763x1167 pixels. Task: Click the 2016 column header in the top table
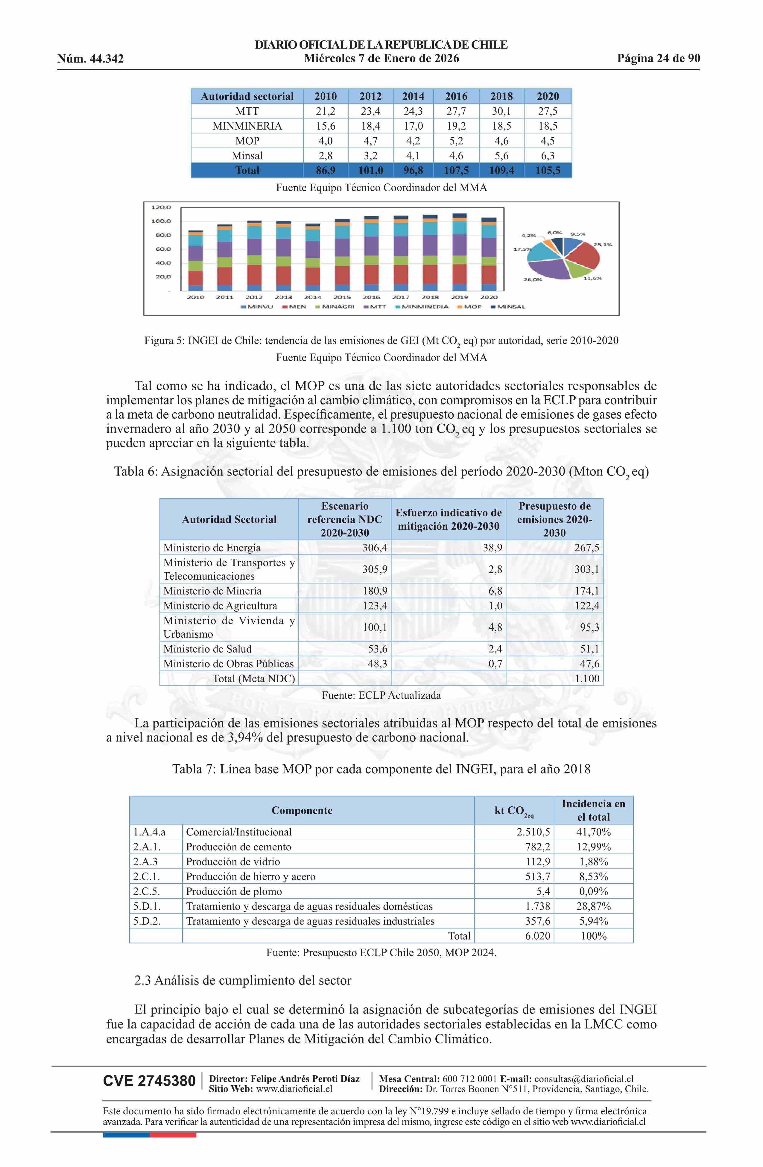click(456, 96)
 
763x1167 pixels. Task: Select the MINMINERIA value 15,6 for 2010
click(326, 126)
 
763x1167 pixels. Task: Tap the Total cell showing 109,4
click(501, 171)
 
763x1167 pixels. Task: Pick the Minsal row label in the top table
click(247, 156)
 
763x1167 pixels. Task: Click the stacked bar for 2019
click(460, 253)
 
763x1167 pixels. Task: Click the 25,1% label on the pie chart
click(603, 245)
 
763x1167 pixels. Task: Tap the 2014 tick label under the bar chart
click(313, 297)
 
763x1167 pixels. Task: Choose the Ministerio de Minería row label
click(212, 591)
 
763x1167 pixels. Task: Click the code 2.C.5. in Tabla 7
click(147, 891)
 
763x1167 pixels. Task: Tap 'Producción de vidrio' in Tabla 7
click(233, 861)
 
